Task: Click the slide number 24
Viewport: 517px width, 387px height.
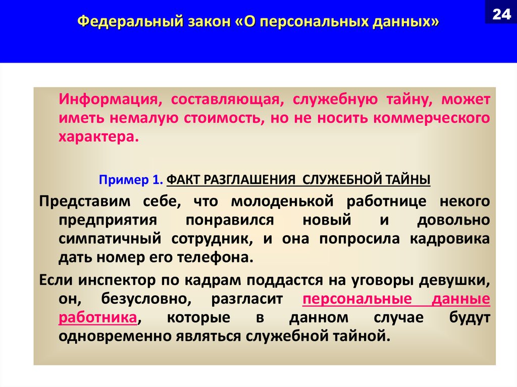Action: pyautogui.click(x=501, y=14)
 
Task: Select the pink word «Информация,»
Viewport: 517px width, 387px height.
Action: pyautogui.click(x=111, y=99)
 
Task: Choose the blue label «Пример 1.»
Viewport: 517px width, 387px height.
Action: pyautogui.click(x=131, y=180)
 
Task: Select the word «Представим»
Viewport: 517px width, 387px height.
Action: pyautogui.click(x=85, y=201)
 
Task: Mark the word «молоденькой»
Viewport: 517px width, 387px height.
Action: pyautogui.click(x=282, y=201)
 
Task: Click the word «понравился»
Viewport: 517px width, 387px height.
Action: pyautogui.click(x=230, y=220)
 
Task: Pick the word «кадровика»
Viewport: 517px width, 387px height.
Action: pyautogui.click(x=450, y=239)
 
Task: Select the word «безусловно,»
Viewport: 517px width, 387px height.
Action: pyautogui.click(x=146, y=299)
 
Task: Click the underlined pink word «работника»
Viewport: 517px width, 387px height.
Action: pyautogui.click(x=98, y=317)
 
